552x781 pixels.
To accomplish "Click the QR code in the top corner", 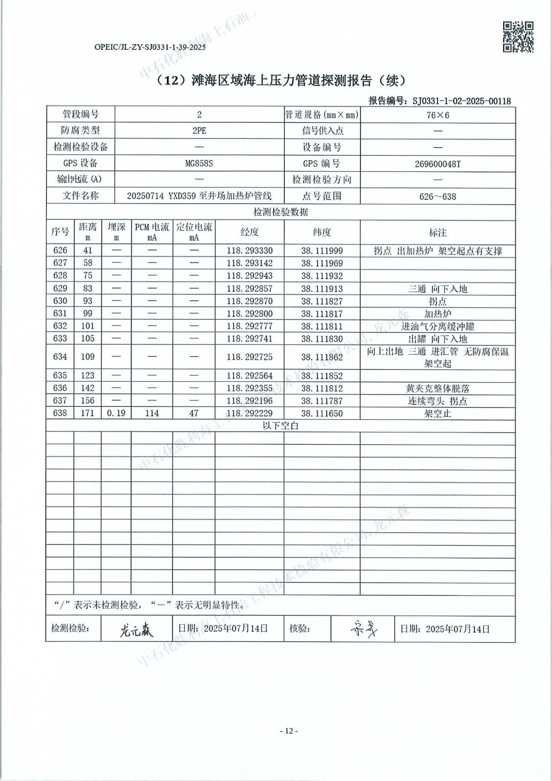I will point(518,37).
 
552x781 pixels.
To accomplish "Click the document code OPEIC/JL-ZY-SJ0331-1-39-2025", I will point(149,47).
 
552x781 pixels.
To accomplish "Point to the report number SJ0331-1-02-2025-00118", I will point(462,101).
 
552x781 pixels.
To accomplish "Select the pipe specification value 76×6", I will point(438,115).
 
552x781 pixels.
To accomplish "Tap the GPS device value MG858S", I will point(199,164).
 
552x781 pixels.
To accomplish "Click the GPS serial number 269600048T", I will point(438,164).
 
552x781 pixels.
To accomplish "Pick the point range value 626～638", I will point(438,197).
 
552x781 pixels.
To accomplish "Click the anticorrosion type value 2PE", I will point(199,131).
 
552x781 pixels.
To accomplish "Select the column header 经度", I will point(250,232).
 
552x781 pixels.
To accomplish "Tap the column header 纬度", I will point(322,232).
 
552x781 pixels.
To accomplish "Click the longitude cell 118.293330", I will point(250,251).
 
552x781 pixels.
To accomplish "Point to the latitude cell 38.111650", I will point(322,413).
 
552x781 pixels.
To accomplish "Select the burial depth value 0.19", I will point(116,413).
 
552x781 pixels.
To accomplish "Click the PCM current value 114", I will point(152,413).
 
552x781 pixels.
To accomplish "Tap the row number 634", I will point(60,357).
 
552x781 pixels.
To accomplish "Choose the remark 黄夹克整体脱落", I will point(438,389).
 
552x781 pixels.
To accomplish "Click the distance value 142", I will point(87,388).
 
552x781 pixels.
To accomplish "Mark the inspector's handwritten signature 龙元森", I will point(136,630).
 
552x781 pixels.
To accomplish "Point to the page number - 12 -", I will point(289,731).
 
